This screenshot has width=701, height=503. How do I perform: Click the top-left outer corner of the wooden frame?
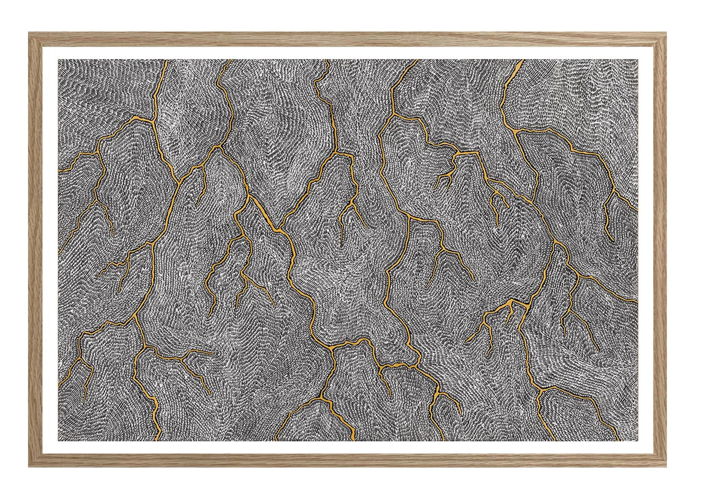click(x=29, y=32)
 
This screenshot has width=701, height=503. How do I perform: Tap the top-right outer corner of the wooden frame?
click(x=667, y=32)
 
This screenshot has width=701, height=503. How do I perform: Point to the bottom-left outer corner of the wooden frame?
click(x=29, y=467)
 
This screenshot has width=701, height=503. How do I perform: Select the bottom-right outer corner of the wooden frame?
click(x=667, y=467)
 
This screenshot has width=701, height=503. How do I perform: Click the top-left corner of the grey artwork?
click(x=59, y=60)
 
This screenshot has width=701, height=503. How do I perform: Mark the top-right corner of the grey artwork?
click(x=637, y=60)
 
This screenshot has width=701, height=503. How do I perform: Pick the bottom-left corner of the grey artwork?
click(x=59, y=441)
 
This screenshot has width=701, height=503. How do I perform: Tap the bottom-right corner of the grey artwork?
click(x=637, y=441)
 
